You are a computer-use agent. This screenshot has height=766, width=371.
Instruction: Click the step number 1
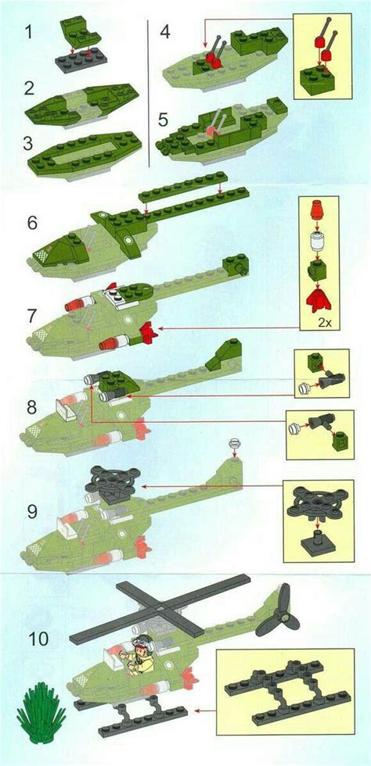29,32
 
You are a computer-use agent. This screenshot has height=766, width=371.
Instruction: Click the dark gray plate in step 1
81,61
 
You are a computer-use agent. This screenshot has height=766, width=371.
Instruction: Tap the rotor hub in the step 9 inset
318,503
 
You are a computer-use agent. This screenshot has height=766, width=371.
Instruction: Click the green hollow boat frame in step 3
85,153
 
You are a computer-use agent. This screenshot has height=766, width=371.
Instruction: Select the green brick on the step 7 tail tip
236,265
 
